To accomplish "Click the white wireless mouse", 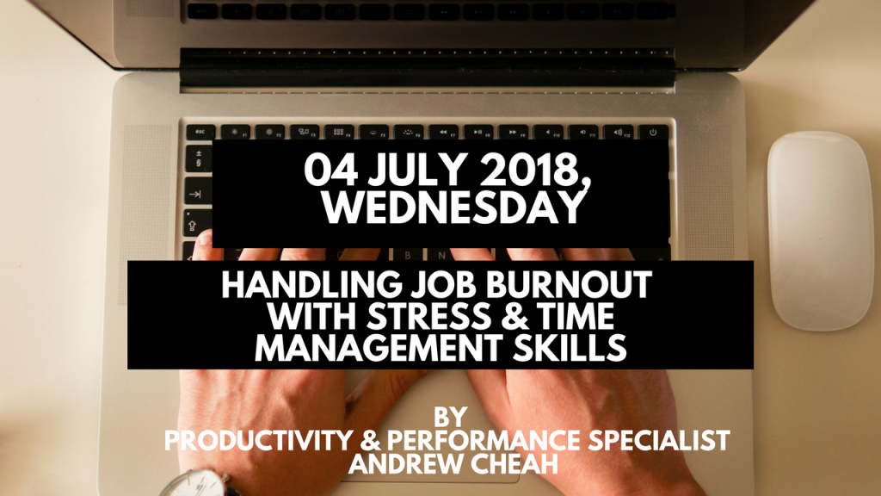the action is pos(820,231).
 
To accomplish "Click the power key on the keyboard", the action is pos(653,133).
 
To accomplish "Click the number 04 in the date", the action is pos(330,170).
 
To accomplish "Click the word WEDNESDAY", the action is pos(453,208).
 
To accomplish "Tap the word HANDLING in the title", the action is pos(311,284).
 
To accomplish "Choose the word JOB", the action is pos(445,284).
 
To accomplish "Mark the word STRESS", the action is pos(428,316).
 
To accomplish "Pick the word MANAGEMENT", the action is pos(379,348).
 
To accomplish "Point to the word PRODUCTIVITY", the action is pos(258,440).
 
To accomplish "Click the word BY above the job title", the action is pos(451,417).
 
